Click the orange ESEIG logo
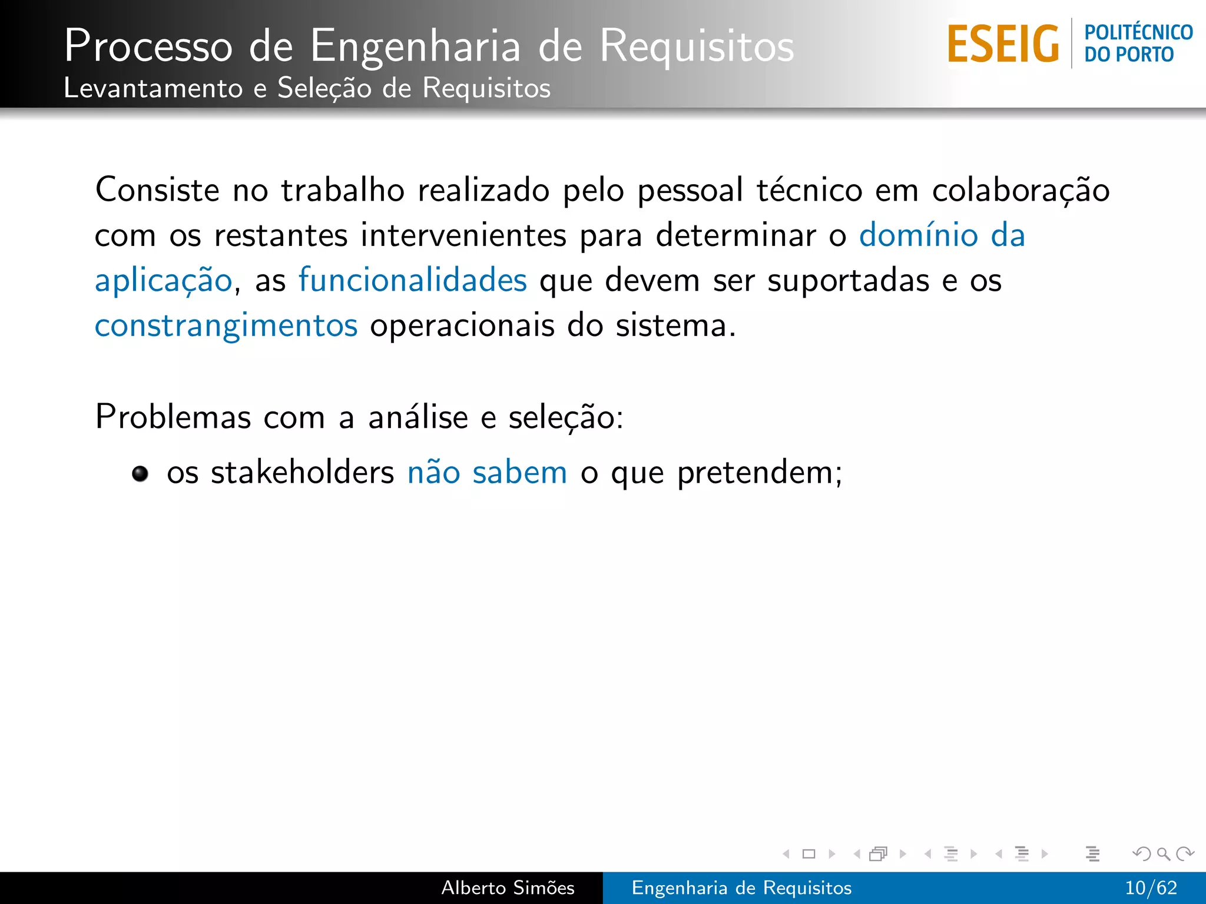pyautogui.click(x=1003, y=44)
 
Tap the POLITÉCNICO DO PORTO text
pyautogui.click(x=1138, y=44)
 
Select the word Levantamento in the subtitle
pyautogui.click(x=153, y=88)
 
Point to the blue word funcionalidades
pyautogui.click(x=412, y=280)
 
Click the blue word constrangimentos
pyautogui.click(x=226, y=325)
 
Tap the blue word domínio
pyautogui.click(x=918, y=235)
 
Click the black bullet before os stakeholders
pyautogui.click(x=140, y=473)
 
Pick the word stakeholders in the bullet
pyautogui.click(x=302, y=473)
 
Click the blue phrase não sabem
pyautogui.click(x=487, y=473)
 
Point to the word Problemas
pyautogui.click(x=173, y=417)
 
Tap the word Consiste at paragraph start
pyautogui.click(x=157, y=190)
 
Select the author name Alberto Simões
pyautogui.click(x=508, y=888)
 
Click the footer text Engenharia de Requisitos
pyautogui.click(x=741, y=888)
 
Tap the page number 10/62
pyautogui.click(x=1151, y=888)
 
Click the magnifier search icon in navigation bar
pyautogui.click(x=1163, y=853)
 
